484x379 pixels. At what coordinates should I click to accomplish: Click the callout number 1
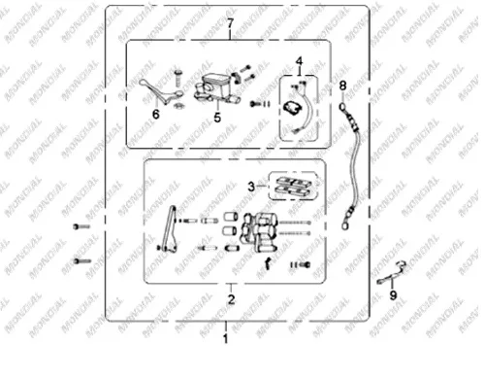pos(226,338)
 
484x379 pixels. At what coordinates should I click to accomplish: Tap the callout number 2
pos(231,299)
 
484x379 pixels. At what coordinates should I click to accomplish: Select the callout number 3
pos(251,187)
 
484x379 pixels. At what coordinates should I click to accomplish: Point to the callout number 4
pos(300,61)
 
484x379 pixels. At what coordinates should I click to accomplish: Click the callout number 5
pos(217,118)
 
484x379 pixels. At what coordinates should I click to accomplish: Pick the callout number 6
pos(156,114)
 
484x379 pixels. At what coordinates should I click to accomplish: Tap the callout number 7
pos(230,23)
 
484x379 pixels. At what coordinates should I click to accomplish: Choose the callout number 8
pos(342,86)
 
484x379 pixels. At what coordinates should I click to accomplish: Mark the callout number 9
pos(393,295)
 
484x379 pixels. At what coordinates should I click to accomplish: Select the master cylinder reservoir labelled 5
pos(216,87)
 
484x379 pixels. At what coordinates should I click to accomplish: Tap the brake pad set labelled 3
pos(293,187)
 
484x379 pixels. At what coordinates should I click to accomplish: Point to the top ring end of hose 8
pos(342,107)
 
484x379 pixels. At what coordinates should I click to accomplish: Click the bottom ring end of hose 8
pos(345,224)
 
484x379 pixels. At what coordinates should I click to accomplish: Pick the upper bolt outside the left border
pos(81,226)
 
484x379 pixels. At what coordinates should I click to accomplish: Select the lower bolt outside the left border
pos(82,260)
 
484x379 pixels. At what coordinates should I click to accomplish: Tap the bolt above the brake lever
pos(177,78)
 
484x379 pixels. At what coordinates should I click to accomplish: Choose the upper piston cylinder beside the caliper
pos(231,216)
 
